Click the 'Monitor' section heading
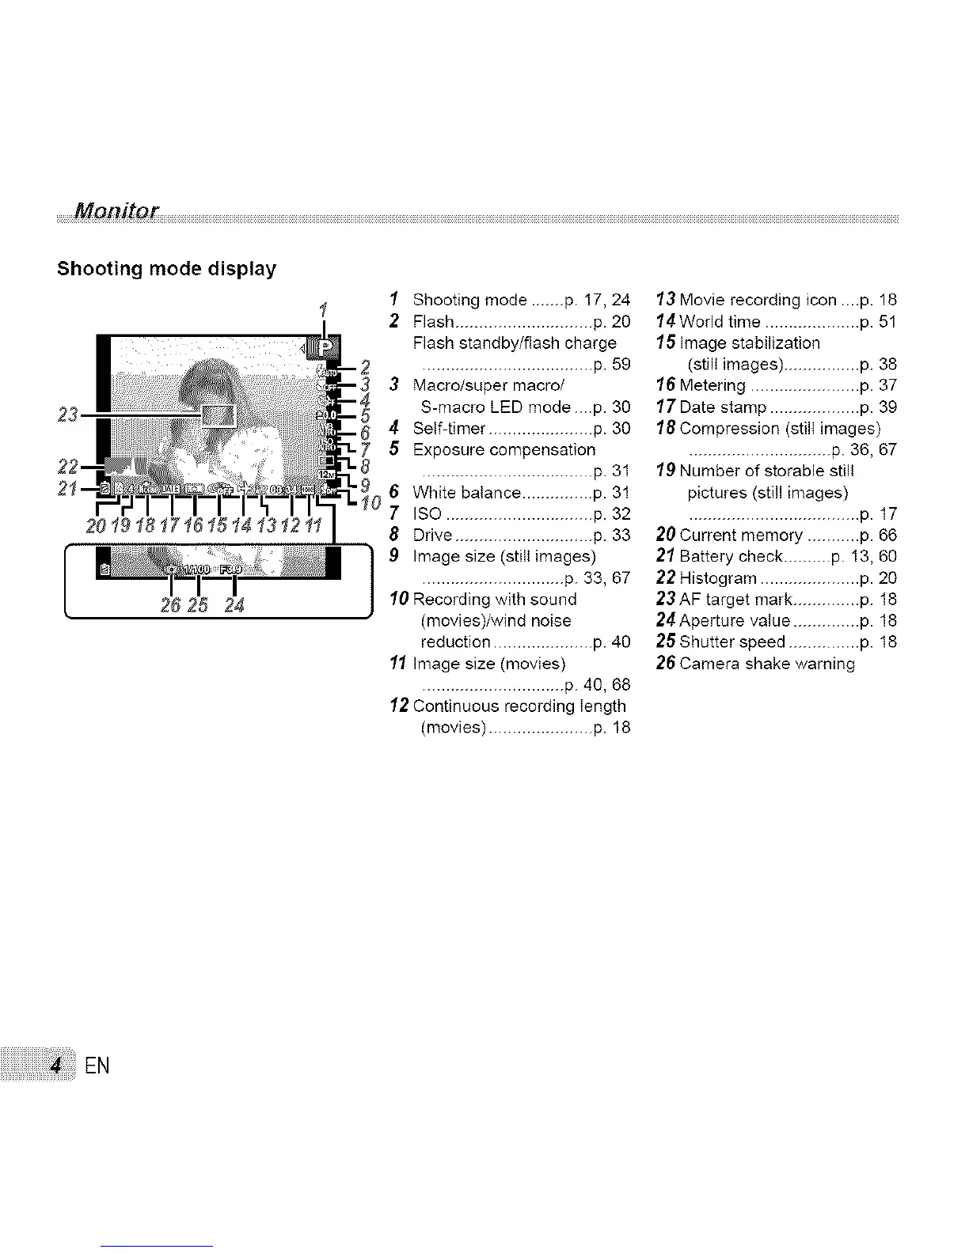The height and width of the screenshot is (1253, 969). pyautogui.click(x=116, y=211)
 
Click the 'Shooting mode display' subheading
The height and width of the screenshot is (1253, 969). pyautogui.click(x=166, y=269)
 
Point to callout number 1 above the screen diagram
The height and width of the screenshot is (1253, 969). pyautogui.click(x=322, y=310)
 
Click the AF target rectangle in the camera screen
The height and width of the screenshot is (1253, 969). pyautogui.click(x=218, y=415)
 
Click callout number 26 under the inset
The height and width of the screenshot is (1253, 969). pyautogui.click(x=171, y=607)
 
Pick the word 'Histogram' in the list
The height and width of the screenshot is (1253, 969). pyautogui.click(x=719, y=578)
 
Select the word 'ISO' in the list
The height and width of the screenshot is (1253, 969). pyautogui.click(x=427, y=514)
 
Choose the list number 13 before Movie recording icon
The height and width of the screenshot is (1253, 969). pyautogui.click(x=665, y=300)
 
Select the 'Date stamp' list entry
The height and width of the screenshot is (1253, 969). pyautogui.click(x=723, y=407)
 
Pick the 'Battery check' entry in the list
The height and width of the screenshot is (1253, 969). pyautogui.click(x=731, y=557)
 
